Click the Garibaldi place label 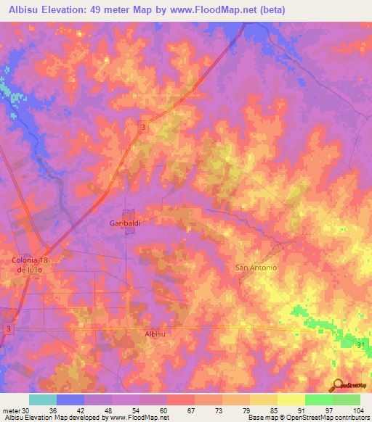coord(124,223)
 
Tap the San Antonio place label coord(256,268)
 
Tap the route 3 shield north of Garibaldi coord(144,128)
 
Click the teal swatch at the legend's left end coord(43,400)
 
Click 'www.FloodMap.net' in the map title coord(218,10)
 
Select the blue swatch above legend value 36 coord(70,400)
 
